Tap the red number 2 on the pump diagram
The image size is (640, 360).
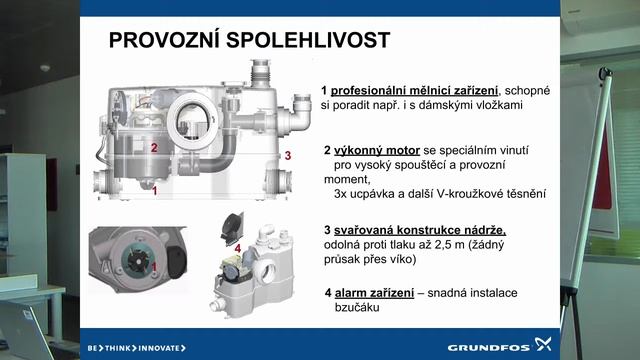[x=154, y=147]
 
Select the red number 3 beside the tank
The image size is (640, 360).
[x=287, y=155]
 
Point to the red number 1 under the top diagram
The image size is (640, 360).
[x=154, y=188]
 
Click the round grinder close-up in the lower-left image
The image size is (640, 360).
[x=129, y=263]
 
